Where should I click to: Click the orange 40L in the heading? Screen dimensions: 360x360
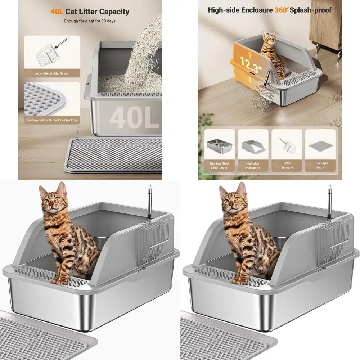(x=57, y=12)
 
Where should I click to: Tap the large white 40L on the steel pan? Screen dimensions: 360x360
(x=134, y=118)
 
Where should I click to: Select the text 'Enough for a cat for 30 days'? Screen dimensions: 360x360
(x=90, y=21)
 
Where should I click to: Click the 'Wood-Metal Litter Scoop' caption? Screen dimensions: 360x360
(x=52, y=73)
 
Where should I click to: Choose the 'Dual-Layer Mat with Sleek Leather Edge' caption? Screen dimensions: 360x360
(x=52, y=120)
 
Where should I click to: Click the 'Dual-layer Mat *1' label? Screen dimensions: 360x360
(x=320, y=166)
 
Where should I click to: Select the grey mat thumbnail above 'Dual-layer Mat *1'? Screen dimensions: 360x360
(x=320, y=145)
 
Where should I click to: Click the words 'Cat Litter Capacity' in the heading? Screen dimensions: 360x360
(x=97, y=12)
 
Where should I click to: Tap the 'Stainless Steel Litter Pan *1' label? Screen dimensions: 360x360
(x=219, y=166)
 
